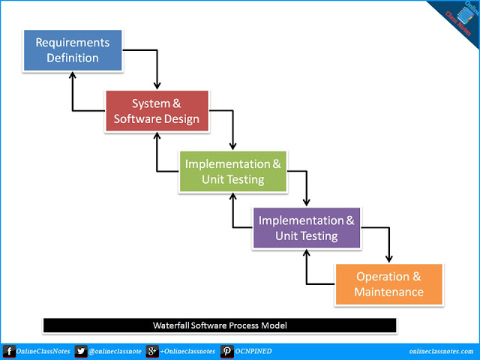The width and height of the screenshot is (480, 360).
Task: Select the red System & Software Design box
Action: coord(156,111)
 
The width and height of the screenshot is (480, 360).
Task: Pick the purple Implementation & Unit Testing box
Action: coord(306,228)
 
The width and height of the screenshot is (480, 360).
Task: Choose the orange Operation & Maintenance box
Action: coord(388,283)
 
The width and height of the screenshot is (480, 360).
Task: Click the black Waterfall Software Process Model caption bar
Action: coord(219,325)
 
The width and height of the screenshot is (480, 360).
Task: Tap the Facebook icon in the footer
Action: coord(8,351)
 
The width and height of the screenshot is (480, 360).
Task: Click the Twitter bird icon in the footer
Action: coord(81,351)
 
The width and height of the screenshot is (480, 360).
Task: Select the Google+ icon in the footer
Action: coord(151,351)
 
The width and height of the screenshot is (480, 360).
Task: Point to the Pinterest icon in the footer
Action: coord(225,351)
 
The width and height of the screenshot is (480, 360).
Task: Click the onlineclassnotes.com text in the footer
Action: coord(442,351)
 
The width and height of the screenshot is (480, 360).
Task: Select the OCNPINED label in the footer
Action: coord(254,351)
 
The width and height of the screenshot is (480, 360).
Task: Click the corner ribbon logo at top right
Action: coord(457,18)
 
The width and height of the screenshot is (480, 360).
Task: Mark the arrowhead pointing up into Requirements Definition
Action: coord(73,75)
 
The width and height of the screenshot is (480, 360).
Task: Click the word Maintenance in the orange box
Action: coord(388,292)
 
